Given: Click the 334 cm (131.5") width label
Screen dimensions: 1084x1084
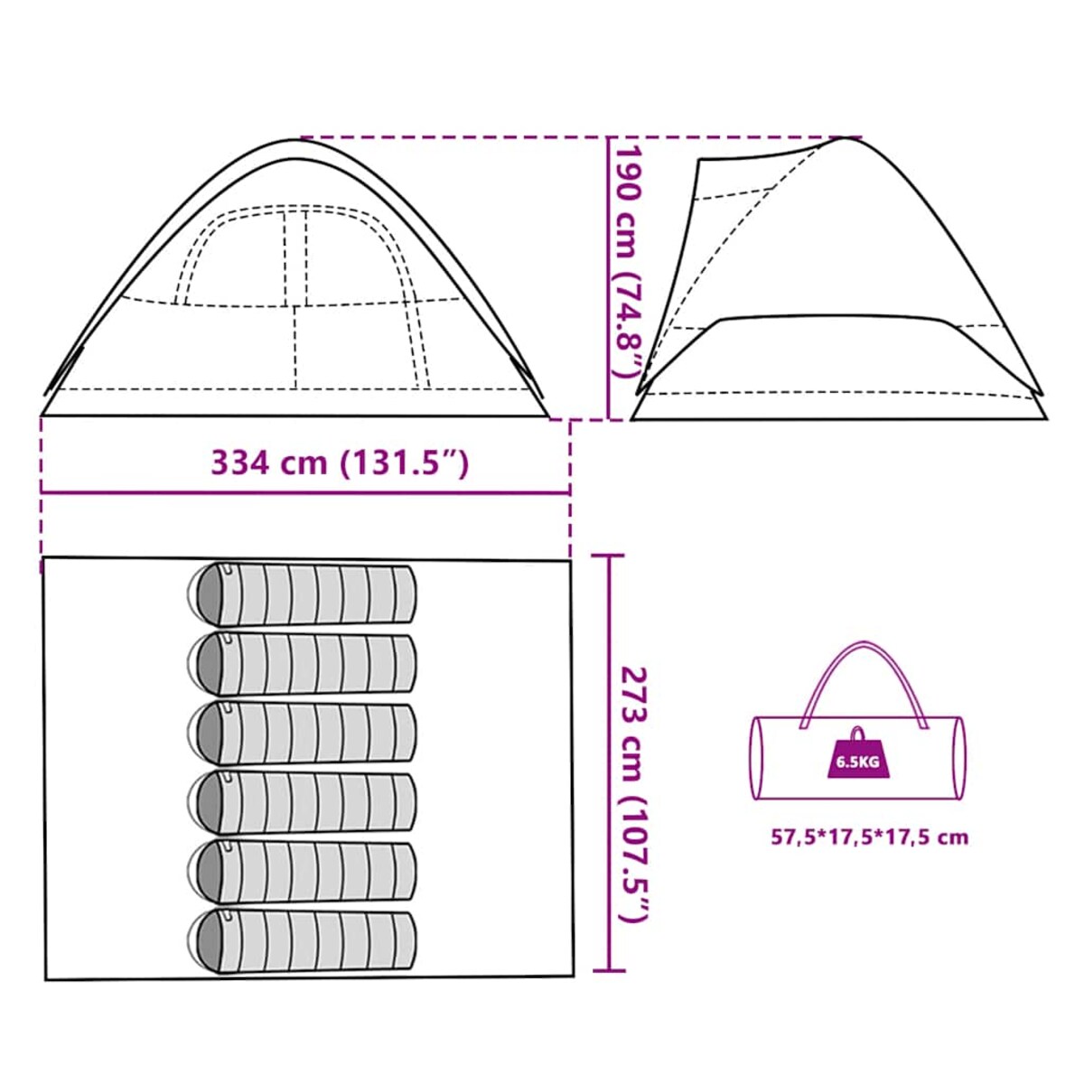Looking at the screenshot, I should (x=340, y=463).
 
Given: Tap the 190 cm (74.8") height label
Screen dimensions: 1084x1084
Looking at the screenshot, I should (x=627, y=261).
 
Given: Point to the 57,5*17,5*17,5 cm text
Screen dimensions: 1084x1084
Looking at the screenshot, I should (x=869, y=836).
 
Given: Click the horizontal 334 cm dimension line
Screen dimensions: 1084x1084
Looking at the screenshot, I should (x=305, y=493).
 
